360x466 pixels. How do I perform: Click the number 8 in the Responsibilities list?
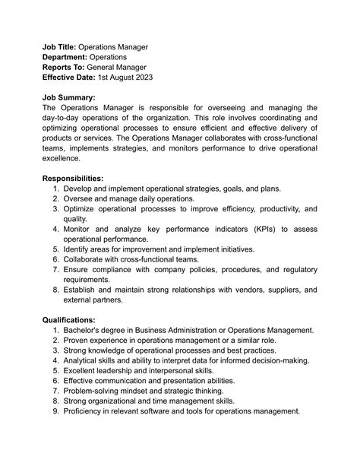[56, 289]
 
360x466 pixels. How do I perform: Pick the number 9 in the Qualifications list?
[56, 411]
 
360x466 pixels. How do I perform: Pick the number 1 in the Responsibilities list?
[56, 188]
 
